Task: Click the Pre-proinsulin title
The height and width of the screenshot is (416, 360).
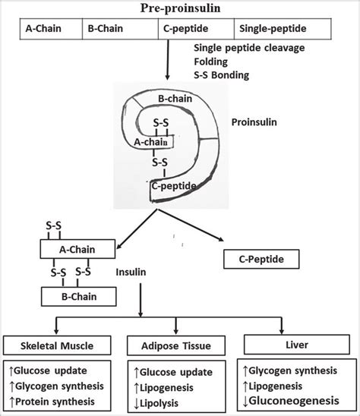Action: (x=179, y=8)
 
